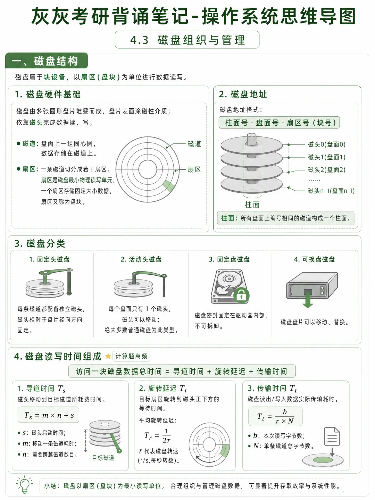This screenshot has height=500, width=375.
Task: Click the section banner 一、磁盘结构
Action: (47, 61)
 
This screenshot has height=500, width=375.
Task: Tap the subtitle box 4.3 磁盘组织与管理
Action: (187, 40)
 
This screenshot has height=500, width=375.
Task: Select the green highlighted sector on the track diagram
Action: (168, 185)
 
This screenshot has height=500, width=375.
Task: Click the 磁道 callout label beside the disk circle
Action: (194, 144)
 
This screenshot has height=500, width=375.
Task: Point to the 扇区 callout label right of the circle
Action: (194, 169)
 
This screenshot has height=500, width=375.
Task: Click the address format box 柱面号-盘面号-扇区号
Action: (279, 123)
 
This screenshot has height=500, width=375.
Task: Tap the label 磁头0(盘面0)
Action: (326, 144)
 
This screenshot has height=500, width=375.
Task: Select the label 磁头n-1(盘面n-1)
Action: (331, 191)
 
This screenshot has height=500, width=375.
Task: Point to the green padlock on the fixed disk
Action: (241, 295)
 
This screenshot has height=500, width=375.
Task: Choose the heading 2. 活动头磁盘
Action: (141, 259)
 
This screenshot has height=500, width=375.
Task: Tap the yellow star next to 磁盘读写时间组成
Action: (108, 356)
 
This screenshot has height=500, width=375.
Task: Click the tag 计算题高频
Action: (131, 356)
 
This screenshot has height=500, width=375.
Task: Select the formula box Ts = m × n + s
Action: (49, 415)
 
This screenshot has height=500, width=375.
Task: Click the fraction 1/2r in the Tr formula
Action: (167, 435)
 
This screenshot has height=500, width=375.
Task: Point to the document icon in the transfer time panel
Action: (332, 436)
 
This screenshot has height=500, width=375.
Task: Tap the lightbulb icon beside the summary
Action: (25, 484)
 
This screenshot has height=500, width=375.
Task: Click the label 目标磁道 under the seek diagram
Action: (103, 458)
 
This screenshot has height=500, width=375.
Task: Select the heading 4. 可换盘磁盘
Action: (314, 259)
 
